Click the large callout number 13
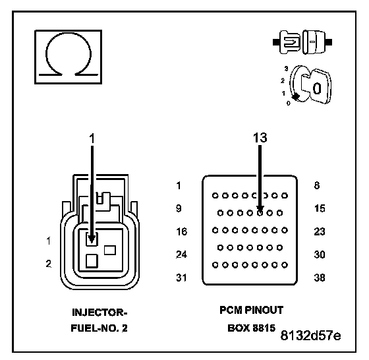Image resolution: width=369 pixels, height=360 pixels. coord(260,138)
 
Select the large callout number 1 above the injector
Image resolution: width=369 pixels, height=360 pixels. coord(92,138)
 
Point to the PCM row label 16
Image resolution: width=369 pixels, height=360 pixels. coord(182,231)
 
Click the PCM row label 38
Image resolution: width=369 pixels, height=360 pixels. coord(320,278)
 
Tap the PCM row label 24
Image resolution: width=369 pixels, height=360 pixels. coord(182,255)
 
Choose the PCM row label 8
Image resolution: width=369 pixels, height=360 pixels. coord(317,185)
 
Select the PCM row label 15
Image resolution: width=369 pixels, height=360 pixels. coord(320,208)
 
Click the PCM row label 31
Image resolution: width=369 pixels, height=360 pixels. coord(181,278)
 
